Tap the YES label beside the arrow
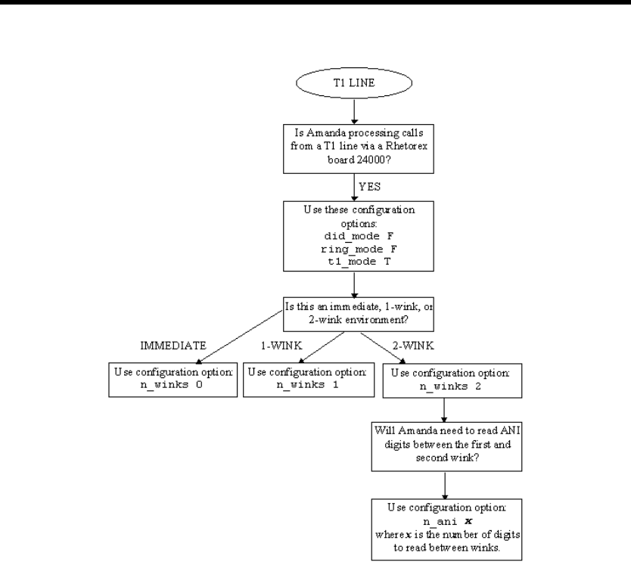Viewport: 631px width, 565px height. pyautogui.click(x=369, y=187)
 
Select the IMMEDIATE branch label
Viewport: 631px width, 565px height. pyautogui.click(x=173, y=346)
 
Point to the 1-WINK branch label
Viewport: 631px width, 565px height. pyautogui.click(x=281, y=346)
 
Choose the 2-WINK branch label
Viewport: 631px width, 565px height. pyautogui.click(x=413, y=346)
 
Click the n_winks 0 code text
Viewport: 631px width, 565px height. pyautogui.click(x=172, y=385)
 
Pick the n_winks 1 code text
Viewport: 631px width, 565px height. pyautogui.click(x=307, y=385)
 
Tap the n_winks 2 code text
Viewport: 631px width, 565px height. pyautogui.click(x=450, y=386)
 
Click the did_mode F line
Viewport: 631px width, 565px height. pyautogui.click(x=359, y=236)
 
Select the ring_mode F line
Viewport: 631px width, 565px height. pyautogui.click(x=359, y=249)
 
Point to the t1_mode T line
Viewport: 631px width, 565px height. pyautogui.click(x=359, y=262)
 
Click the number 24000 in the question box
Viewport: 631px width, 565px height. pyautogui.click(x=371, y=160)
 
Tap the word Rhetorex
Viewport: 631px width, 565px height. pyautogui.click(x=406, y=146)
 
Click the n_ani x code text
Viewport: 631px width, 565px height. pyautogui.click(x=447, y=522)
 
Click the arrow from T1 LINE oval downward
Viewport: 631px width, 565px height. pyautogui.click(x=354, y=111)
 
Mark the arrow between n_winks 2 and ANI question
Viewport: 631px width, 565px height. pyautogui.click(x=444, y=410)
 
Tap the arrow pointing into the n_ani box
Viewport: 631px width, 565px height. pyautogui.click(x=445, y=486)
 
